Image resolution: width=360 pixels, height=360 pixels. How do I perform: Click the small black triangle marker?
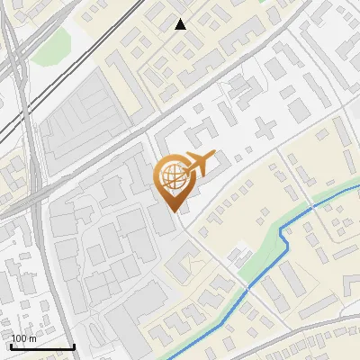click(x=181, y=24)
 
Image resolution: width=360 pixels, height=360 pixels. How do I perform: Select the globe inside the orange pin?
click(x=175, y=176)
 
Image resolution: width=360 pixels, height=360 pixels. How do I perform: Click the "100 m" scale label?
click(x=24, y=338)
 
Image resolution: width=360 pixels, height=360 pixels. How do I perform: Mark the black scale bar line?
click(x=41, y=346)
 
